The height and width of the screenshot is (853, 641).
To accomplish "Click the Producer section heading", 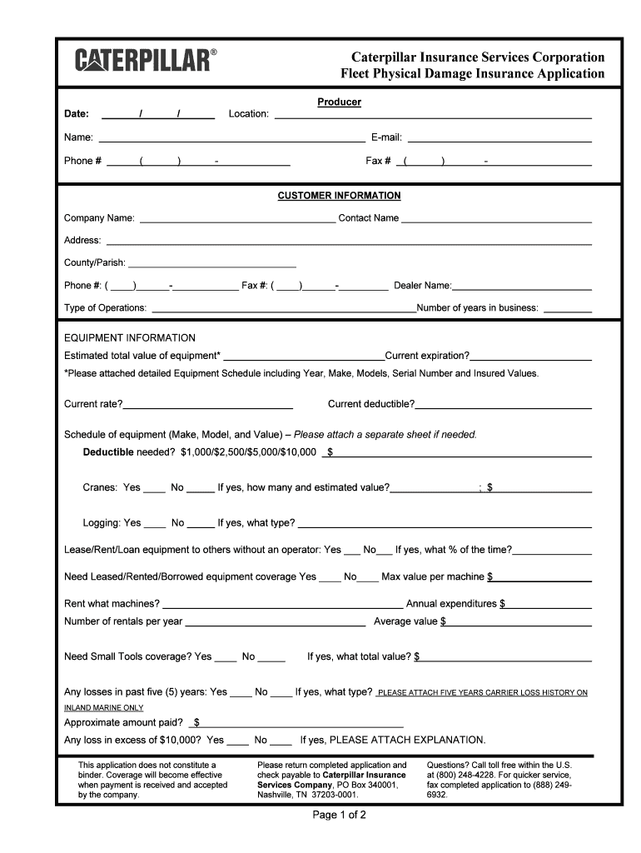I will (339, 102).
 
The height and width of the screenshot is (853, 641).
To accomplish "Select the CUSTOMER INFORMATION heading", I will (339, 196).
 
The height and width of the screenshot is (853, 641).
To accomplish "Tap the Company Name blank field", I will (236, 220).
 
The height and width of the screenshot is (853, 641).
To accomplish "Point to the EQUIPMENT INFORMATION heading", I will (130, 338).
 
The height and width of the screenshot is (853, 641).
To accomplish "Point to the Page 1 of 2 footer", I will (340, 815).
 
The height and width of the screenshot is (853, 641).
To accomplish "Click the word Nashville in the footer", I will (277, 795).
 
